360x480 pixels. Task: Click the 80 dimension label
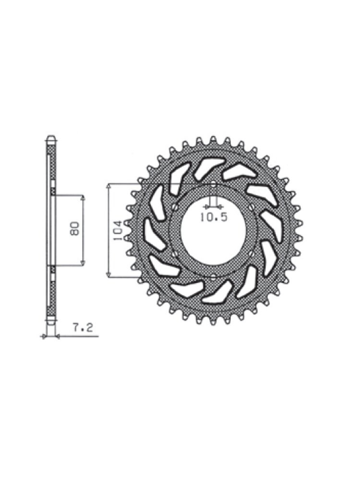point(74,228)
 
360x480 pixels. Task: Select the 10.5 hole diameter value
point(214,217)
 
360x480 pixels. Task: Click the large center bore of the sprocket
point(213,231)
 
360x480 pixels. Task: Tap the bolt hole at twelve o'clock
point(214,184)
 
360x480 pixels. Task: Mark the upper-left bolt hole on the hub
point(175,207)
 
